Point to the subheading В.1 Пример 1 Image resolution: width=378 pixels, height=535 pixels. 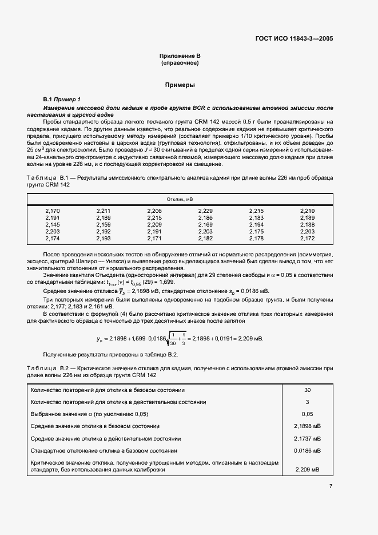pyautogui.click(x=62, y=100)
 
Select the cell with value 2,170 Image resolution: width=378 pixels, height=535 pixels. pyautogui.click(x=52, y=211)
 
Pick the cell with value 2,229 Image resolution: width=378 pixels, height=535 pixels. pyautogui.click(x=205, y=211)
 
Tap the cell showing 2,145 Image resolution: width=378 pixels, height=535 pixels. pyautogui.click(x=52, y=225)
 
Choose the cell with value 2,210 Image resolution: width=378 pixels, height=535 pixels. pyautogui.click(x=307, y=211)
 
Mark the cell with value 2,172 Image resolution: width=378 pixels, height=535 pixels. pyautogui.click(x=307, y=238)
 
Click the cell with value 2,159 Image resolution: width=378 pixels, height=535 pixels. pyautogui.click(x=104, y=225)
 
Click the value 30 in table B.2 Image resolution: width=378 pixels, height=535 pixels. pyautogui.click(x=307, y=390)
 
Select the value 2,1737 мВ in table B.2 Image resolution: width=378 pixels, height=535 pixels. pyautogui.click(x=307, y=438)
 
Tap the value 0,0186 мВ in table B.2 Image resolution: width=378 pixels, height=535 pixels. pyautogui.click(x=307, y=451)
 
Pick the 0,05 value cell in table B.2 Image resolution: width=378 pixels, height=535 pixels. pyautogui.click(x=307, y=414)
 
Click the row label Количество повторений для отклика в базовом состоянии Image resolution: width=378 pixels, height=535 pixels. pyautogui.click(x=106, y=390)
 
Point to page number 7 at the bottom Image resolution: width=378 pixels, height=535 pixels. pyautogui.click(x=331, y=486)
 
